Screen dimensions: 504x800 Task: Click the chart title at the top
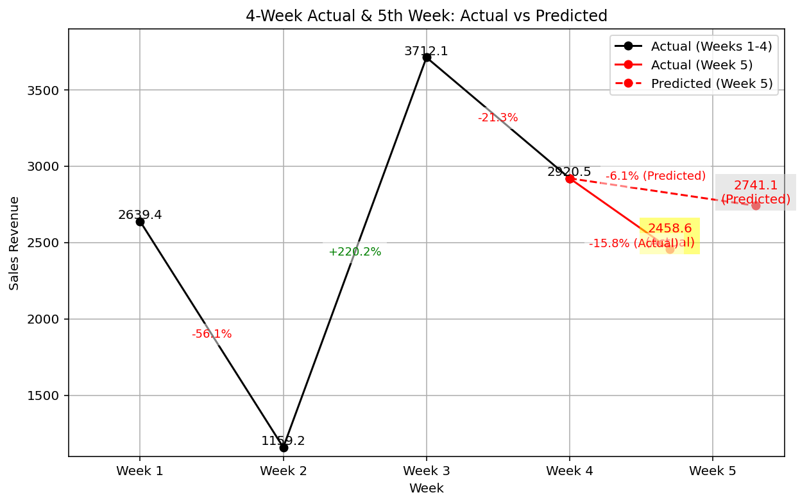tap(426, 16)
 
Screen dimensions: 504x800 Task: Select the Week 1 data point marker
tap(140, 222)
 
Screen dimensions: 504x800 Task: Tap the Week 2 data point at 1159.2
tap(284, 448)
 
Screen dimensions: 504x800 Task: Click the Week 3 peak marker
tap(427, 57)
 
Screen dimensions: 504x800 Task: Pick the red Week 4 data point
tap(570, 178)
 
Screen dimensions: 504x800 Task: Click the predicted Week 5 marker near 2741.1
tap(756, 205)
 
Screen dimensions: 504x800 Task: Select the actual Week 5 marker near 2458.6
tap(670, 249)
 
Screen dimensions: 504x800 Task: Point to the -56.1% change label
tap(212, 334)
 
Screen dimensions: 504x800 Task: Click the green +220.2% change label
tap(355, 252)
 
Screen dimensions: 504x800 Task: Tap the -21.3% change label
tap(498, 117)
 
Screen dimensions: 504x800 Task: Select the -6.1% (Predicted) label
tap(656, 176)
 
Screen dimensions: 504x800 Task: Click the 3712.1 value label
tap(426, 51)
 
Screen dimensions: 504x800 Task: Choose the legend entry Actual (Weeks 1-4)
tap(711, 46)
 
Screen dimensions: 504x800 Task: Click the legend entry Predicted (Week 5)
tap(711, 83)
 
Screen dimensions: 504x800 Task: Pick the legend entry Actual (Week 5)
tap(702, 65)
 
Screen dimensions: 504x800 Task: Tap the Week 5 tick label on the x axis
tap(713, 471)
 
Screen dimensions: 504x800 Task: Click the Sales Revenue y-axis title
tap(14, 243)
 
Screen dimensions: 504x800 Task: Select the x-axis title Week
tap(426, 489)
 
